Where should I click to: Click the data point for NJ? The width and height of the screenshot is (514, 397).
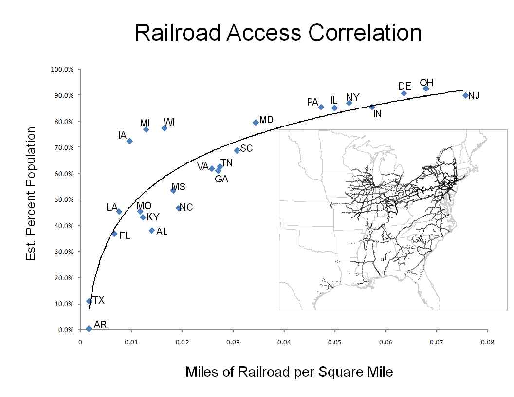click(465, 95)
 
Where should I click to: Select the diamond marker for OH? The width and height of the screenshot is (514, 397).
click(426, 89)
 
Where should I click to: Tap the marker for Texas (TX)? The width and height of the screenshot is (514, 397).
click(89, 301)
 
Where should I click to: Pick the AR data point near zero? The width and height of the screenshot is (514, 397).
click(89, 329)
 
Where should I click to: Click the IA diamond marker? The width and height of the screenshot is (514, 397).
click(129, 141)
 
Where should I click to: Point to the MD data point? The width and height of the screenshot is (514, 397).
click(256, 123)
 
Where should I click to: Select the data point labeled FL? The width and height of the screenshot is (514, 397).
click(114, 234)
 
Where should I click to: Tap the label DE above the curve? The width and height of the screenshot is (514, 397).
click(405, 86)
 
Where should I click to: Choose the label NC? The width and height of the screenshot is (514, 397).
click(186, 208)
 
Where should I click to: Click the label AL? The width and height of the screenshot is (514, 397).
click(162, 232)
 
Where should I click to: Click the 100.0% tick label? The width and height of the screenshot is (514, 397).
click(62, 69)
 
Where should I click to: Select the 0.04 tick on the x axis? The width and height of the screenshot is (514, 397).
click(284, 342)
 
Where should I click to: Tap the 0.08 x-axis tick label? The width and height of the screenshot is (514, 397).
click(487, 342)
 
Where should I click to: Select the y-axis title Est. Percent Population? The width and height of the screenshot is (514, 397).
click(31, 194)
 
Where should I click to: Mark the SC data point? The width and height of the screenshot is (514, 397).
click(237, 150)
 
